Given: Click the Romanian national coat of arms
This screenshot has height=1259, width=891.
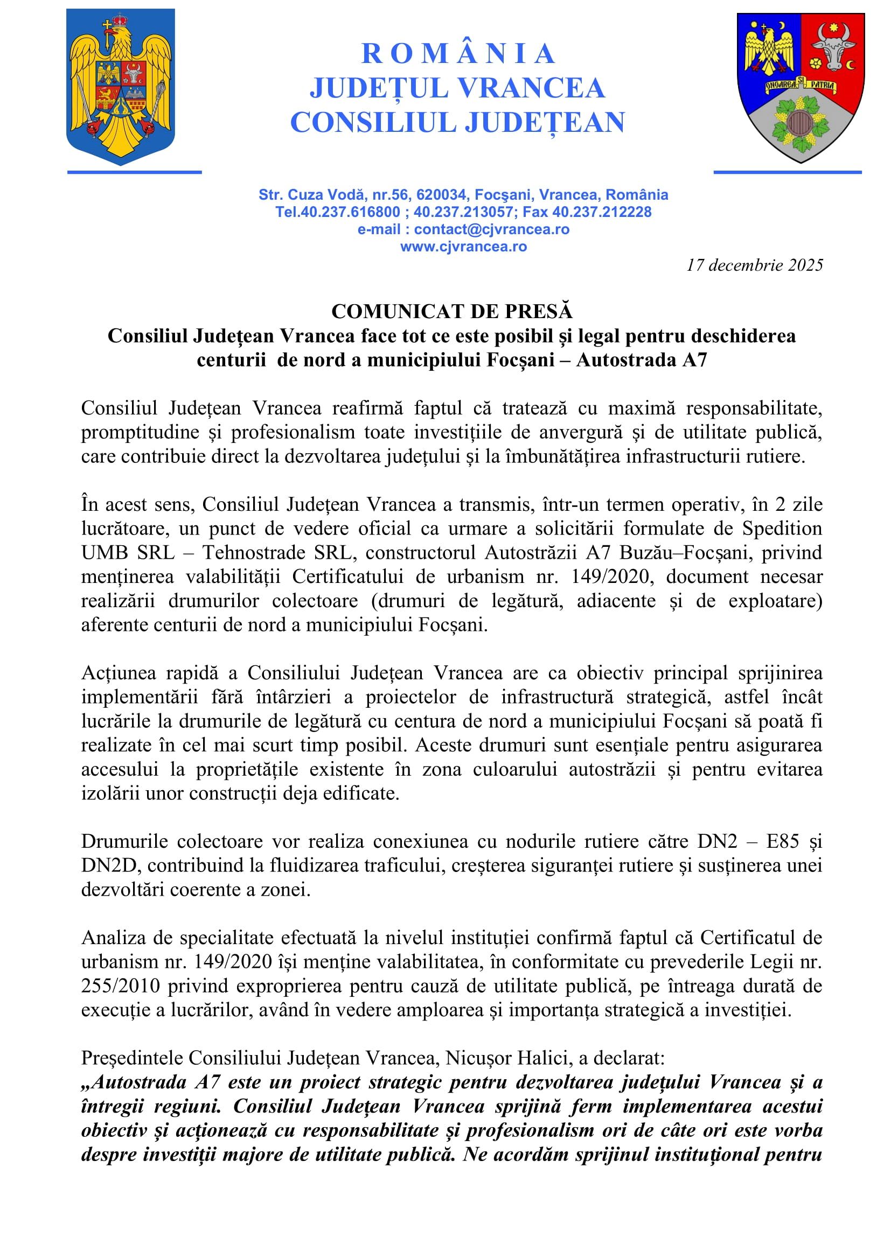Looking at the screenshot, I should (x=121, y=87).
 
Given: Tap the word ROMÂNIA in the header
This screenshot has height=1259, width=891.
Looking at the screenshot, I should (x=458, y=54).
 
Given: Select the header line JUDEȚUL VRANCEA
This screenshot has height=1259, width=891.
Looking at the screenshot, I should (x=457, y=88).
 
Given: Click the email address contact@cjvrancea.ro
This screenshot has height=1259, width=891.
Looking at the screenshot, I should (x=492, y=229).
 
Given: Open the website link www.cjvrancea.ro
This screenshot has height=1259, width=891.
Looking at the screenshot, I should (x=464, y=247).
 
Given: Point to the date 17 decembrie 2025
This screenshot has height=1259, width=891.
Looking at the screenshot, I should (x=754, y=265).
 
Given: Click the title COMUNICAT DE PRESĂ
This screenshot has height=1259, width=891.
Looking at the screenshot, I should (x=451, y=312).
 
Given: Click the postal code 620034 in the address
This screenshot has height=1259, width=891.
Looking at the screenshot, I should (x=442, y=195).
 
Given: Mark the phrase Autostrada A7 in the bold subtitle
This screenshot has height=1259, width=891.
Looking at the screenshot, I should (x=642, y=360).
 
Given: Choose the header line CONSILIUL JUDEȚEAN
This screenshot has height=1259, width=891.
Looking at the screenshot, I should (x=457, y=122).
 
